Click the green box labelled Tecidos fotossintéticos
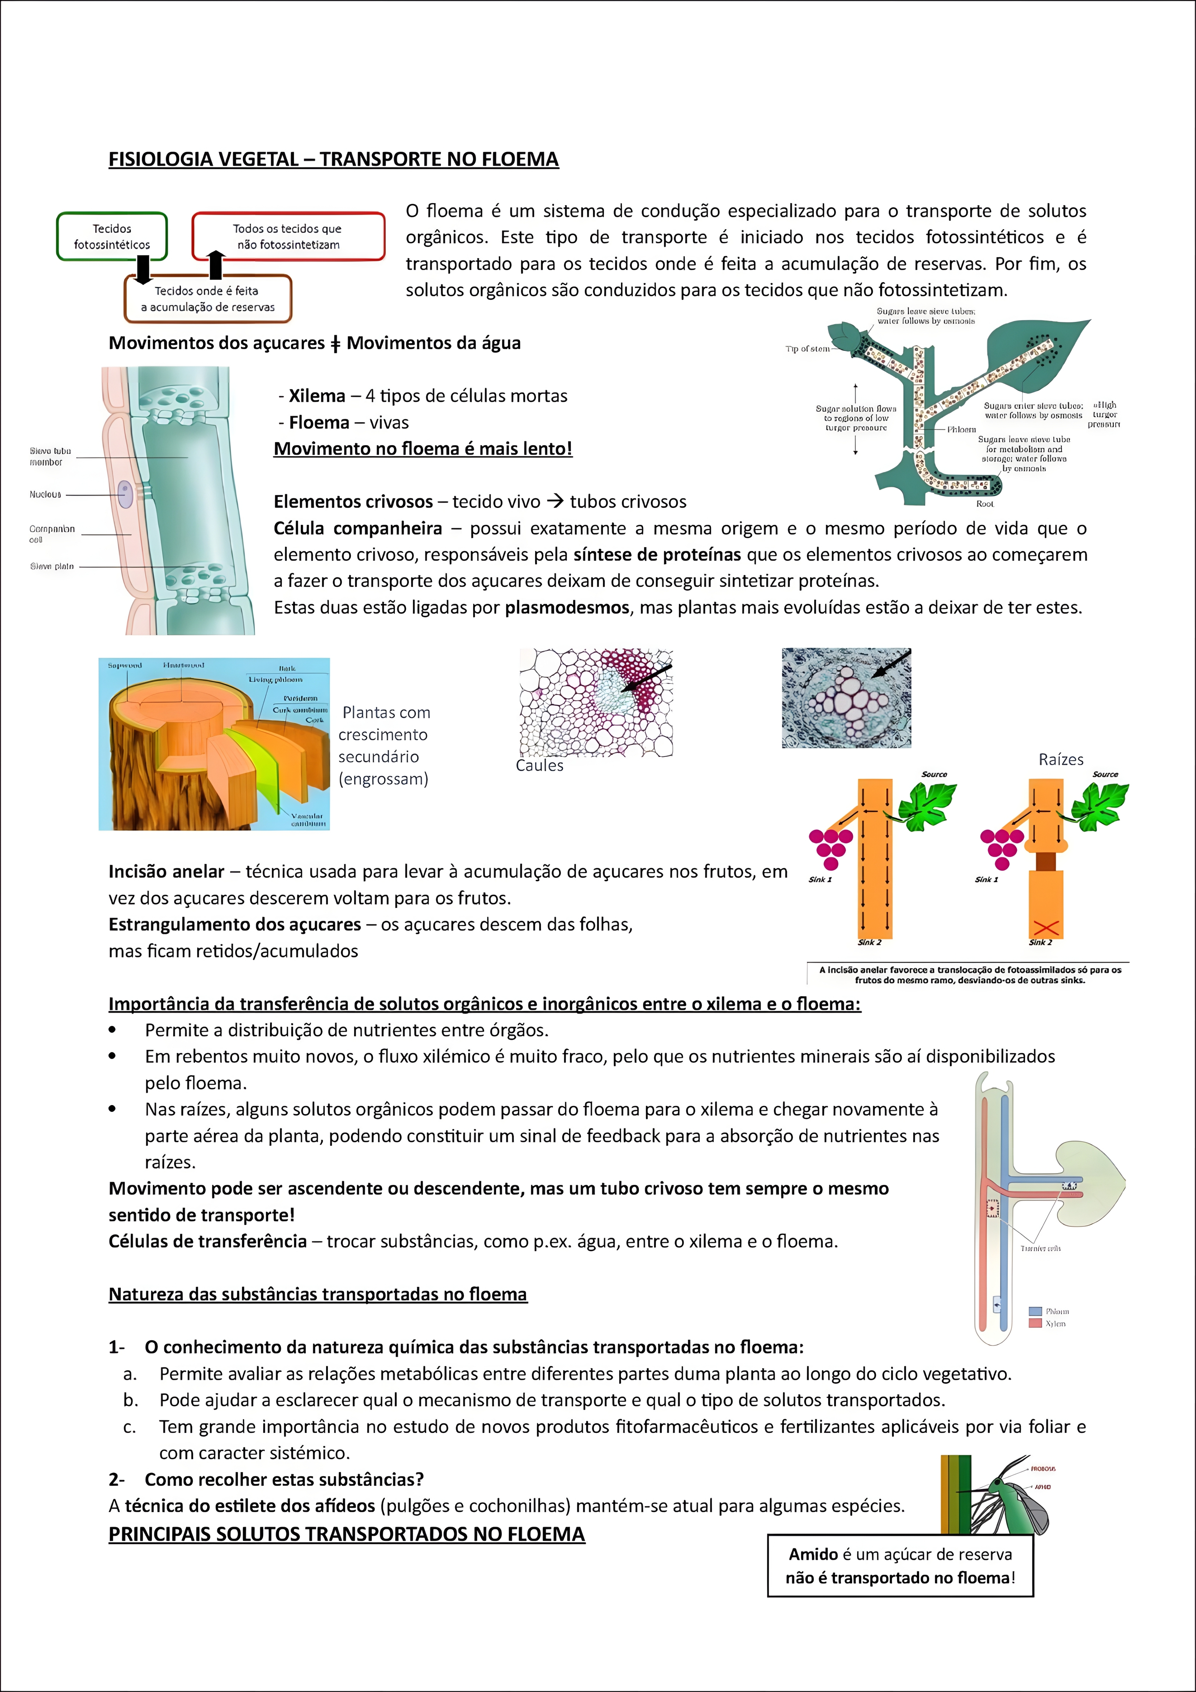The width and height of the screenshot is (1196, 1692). (112, 237)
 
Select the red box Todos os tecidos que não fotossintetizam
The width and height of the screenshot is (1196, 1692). (288, 237)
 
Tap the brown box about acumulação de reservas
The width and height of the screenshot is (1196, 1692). (208, 299)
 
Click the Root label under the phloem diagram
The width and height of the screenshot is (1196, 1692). (984, 504)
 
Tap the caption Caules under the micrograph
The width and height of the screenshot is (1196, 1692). (539, 766)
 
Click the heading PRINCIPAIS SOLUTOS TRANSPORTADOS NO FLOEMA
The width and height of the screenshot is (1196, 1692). (346, 1534)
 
